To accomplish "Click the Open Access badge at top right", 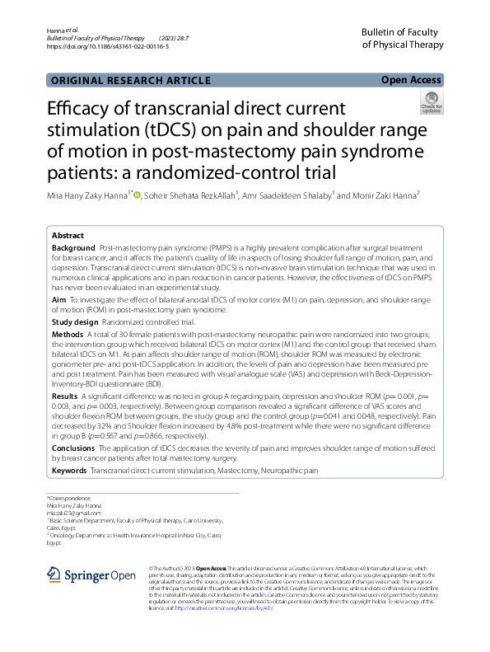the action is pyautogui.click(x=411, y=80).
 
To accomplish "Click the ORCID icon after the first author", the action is pyautogui.click(x=136, y=195).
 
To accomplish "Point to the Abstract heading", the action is pyautogui.click(x=68, y=235).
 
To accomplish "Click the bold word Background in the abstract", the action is pyautogui.click(x=73, y=248).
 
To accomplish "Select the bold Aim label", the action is pyautogui.click(x=59, y=303).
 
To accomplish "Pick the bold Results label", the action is pyautogui.click(x=66, y=397).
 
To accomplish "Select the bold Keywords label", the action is pyautogui.click(x=69, y=470).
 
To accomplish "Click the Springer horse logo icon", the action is pyautogui.click(x=54, y=575).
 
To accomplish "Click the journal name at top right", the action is pyautogui.click(x=400, y=37).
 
